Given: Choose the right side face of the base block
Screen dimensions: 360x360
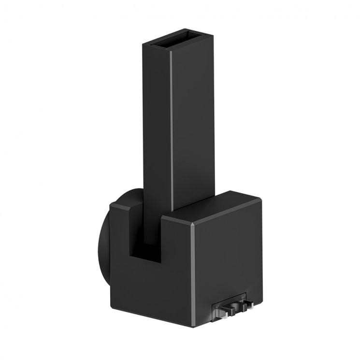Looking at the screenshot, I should (227, 256).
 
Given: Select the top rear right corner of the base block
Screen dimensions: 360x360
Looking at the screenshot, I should (261, 199).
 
